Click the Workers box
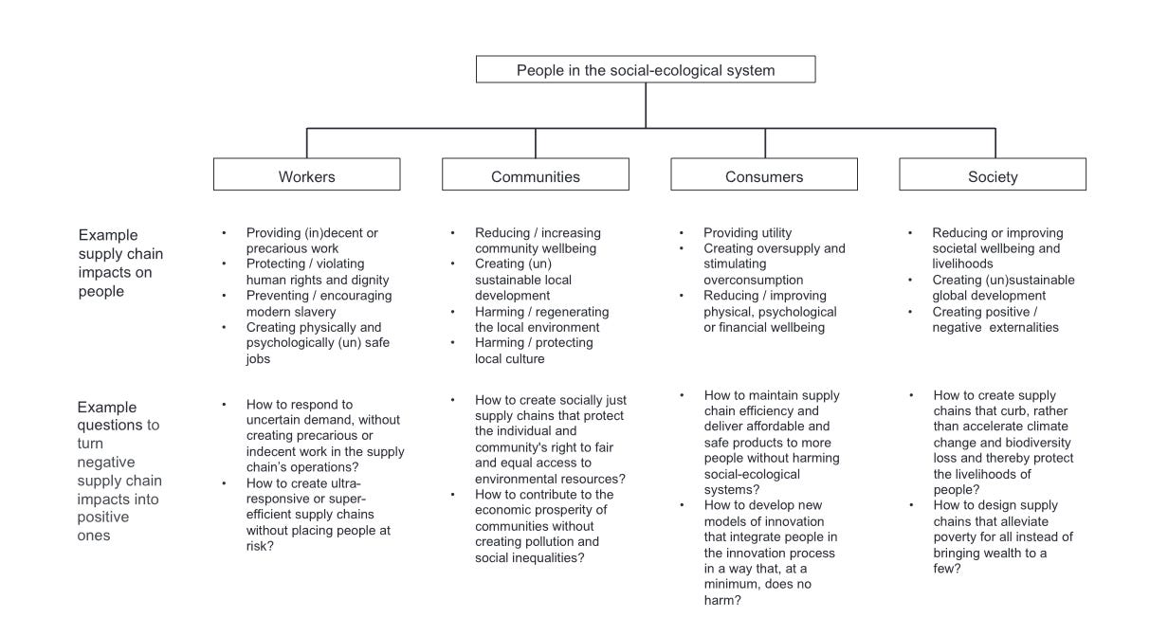[306, 175]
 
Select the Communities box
[535, 175]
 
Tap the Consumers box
[764, 175]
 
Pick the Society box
[993, 175]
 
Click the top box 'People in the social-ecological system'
[645, 69]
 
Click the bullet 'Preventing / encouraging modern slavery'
[319, 303]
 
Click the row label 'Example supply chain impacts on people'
[120, 264]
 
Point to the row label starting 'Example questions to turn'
[119, 471]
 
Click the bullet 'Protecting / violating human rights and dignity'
[318, 271]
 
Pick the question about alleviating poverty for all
[1002, 536]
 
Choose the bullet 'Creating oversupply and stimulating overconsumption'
[774, 264]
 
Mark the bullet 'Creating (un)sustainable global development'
[1003, 288]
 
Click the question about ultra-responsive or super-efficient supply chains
[318, 514]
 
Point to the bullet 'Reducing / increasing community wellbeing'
[538, 241]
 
